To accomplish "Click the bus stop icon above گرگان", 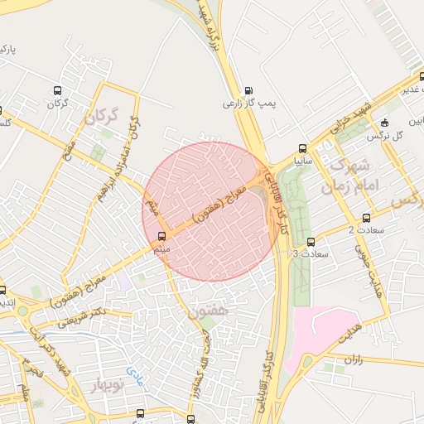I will pyautogui.click(x=56, y=91).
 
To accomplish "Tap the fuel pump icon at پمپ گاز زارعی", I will pyautogui.click(x=249, y=91).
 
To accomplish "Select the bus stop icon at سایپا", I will pyautogui.click(x=301, y=149).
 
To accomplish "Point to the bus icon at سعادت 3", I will pyautogui.click(x=311, y=243).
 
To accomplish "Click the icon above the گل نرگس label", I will pyautogui.click(x=384, y=123).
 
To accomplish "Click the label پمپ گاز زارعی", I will pyautogui.click(x=248, y=104).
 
